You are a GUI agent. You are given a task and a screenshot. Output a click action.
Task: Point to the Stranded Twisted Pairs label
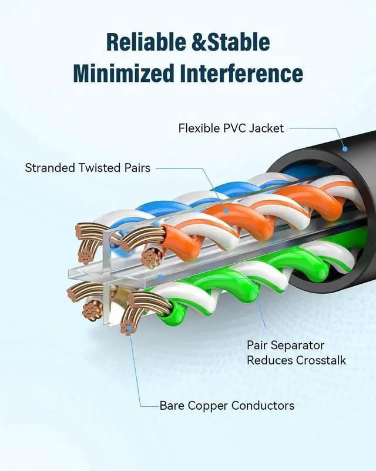click(x=88, y=168)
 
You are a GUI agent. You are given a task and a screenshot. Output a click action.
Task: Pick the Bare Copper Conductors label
click(x=227, y=406)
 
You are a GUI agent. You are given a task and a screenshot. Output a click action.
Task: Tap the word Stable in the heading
click(x=240, y=42)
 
